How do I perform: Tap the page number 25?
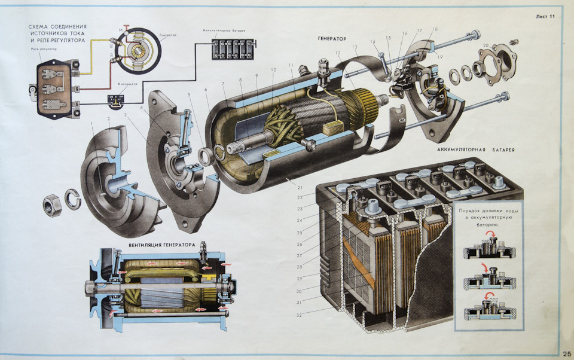pos(566,353)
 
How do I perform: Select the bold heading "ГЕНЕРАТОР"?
pos(332,38)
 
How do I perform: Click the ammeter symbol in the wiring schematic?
pos(117,98)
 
